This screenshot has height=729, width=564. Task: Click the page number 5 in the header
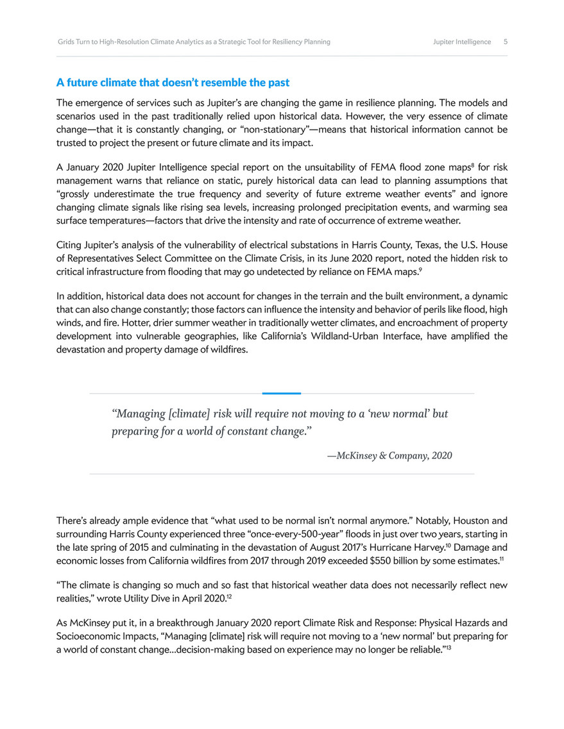506,42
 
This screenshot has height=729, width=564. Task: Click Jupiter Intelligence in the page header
462,42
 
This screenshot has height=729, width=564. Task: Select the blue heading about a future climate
173,83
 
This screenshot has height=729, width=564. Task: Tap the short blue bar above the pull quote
282,393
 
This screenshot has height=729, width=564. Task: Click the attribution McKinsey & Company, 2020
389,456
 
